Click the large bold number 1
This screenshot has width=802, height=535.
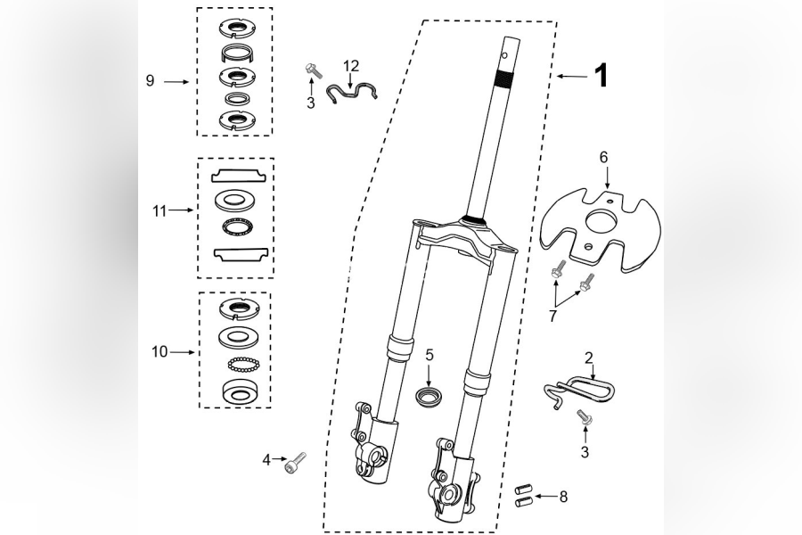(x=601, y=76)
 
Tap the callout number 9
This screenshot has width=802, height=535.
(x=150, y=81)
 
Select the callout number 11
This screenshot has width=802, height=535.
(x=160, y=210)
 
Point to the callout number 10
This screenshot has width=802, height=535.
(x=160, y=352)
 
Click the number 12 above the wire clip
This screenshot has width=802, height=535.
(x=351, y=65)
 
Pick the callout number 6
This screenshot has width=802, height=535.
(x=603, y=157)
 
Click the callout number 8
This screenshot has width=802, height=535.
(x=563, y=497)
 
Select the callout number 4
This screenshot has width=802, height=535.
(x=266, y=460)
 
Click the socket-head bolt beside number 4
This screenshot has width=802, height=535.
(x=295, y=462)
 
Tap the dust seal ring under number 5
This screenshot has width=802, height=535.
(x=429, y=398)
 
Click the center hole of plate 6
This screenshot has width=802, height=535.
(x=601, y=221)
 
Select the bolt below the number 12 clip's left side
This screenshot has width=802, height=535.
(x=312, y=70)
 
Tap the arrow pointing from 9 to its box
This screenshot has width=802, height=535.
(x=176, y=81)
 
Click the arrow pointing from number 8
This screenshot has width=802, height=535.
(x=544, y=496)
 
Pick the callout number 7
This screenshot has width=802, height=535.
(x=552, y=316)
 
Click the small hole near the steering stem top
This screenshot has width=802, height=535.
(x=505, y=54)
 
